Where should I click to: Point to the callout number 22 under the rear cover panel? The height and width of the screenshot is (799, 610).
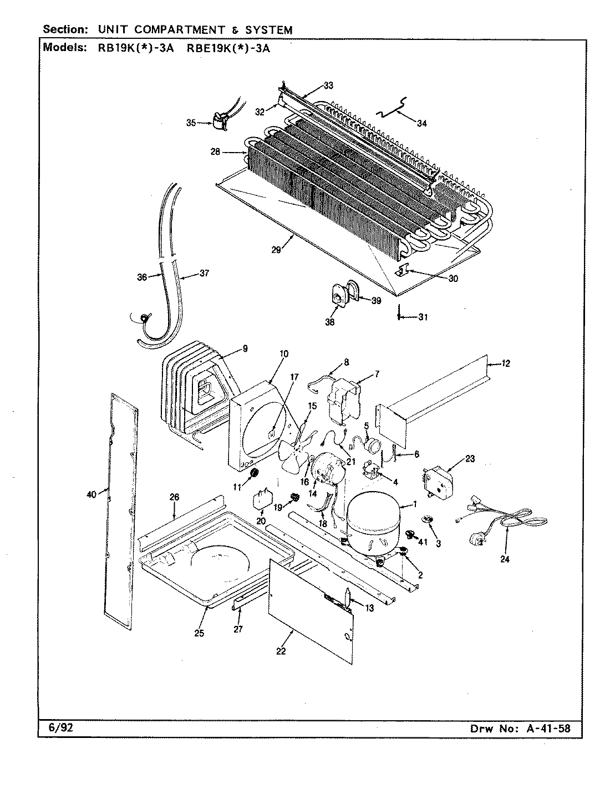tap(281, 651)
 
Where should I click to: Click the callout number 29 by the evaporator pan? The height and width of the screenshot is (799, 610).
tap(276, 250)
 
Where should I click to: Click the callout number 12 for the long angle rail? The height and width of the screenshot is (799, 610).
tap(506, 364)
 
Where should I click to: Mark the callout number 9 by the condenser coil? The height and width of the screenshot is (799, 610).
tap(245, 349)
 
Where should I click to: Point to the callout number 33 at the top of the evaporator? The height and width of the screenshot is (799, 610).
tap(328, 85)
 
